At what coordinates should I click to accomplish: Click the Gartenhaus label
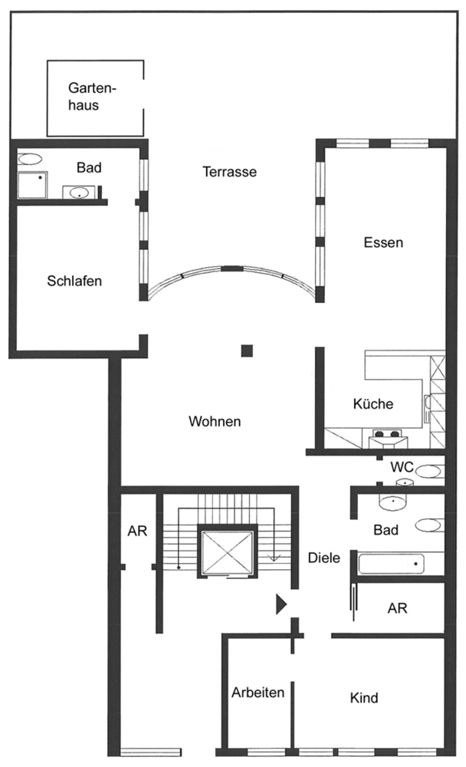point(92,97)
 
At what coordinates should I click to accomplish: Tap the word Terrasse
point(229,172)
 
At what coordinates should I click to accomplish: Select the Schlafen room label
point(74,281)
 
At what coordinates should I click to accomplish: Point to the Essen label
point(383,242)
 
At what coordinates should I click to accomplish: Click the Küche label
point(373,403)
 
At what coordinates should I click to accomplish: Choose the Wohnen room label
point(215,421)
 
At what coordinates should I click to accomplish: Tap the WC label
point(402,466)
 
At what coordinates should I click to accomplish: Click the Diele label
point(323,558)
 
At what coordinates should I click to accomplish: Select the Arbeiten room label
point(258,693)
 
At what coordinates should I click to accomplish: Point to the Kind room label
point(364,697)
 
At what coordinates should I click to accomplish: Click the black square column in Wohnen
point(247,351)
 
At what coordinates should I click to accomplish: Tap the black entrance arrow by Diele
point(281,604)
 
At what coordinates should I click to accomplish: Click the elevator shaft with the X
point(227,551)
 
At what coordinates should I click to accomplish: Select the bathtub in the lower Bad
point(391,564)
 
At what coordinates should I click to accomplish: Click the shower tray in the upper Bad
point(33,185)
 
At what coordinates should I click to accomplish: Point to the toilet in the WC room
point(430,472)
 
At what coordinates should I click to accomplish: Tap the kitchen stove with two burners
point(386,433)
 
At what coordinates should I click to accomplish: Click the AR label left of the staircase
point(137,531)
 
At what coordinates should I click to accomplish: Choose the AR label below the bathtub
point(397,608)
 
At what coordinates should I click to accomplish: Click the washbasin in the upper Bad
point(79,193)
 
